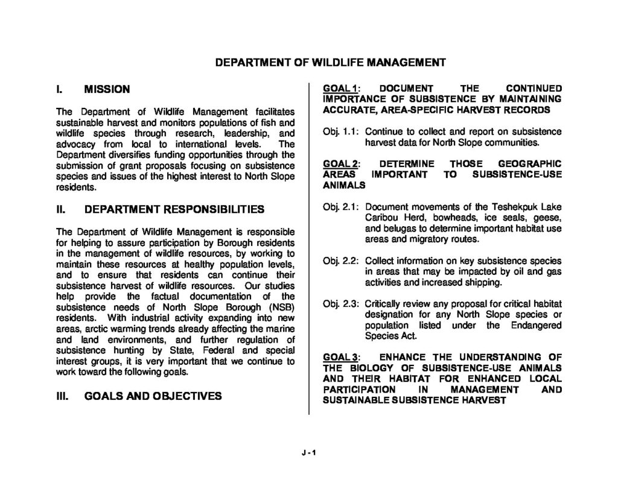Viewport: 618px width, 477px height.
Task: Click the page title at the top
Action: [x=331, y=62]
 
